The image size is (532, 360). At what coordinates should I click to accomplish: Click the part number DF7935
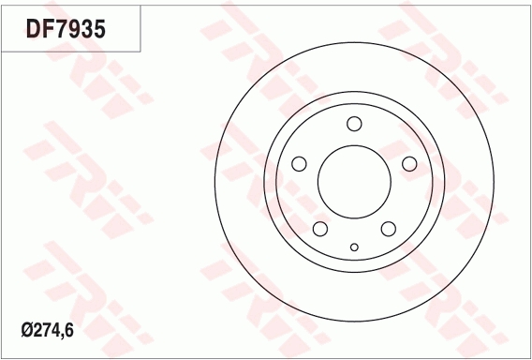point(66,29)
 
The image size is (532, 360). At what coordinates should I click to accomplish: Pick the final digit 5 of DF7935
point(99,29)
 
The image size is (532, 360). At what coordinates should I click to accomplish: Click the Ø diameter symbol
point(27,330)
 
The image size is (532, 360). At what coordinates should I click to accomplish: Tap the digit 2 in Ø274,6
point(37,330)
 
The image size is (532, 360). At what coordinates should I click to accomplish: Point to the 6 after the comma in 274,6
point(69,330)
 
